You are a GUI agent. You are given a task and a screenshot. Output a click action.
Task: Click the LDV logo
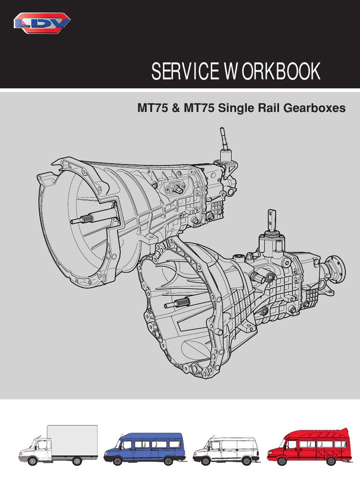(42, 22)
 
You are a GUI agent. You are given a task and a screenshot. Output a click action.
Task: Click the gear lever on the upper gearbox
(225, 141)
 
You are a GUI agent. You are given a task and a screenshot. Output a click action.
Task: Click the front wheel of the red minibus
(282, 461)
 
